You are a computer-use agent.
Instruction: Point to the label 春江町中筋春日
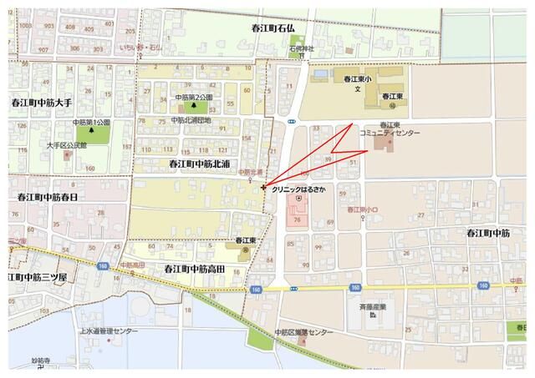[x=47, y=197]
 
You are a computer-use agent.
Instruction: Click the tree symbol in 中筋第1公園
[x=92, y=134]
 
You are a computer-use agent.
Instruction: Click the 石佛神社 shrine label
[x=302, y=49]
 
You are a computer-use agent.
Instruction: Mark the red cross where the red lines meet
[x=264, y=188]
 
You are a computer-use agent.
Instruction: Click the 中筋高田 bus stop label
[x=132, y=265]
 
